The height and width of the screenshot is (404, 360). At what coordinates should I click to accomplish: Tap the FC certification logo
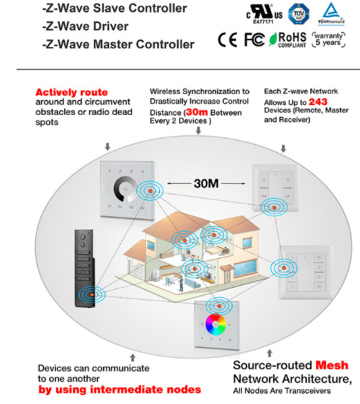point(253,40)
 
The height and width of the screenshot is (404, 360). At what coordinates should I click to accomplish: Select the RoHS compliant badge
point(287,40)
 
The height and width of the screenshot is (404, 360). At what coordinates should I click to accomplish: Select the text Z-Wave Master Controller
point(119,44)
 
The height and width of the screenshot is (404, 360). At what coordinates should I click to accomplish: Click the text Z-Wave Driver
point(85,27)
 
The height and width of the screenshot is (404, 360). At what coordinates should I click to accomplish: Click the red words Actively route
point(72,92)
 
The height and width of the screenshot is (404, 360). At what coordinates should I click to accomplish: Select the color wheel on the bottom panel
point(216,325)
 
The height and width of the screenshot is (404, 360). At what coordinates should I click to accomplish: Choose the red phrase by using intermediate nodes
point(119,390)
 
